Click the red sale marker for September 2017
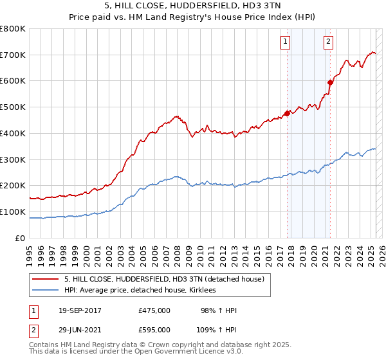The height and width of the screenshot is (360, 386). tap(288, 113)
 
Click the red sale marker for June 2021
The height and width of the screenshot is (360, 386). tap(330, 82)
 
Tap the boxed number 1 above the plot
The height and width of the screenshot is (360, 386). tap(285, 42)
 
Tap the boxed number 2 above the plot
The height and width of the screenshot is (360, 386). tap(328, 42)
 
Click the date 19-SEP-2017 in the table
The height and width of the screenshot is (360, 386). tap(80, 310)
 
